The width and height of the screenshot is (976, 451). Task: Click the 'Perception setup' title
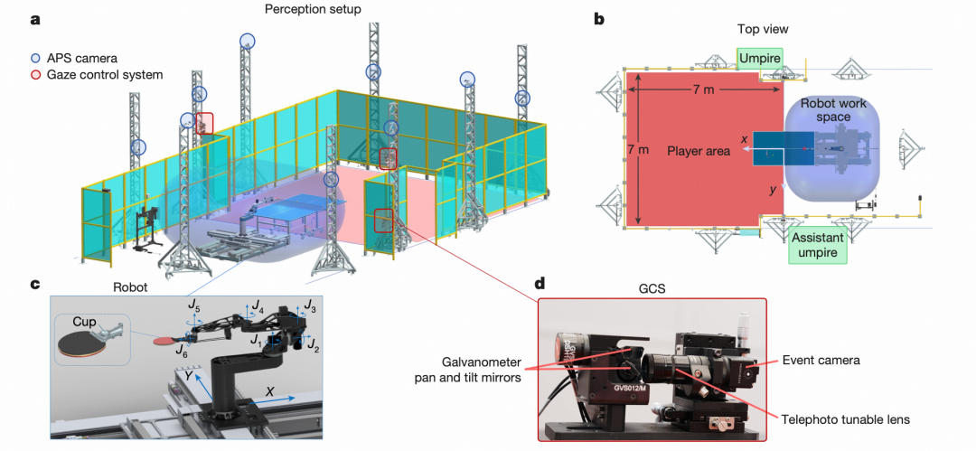pos(311,9)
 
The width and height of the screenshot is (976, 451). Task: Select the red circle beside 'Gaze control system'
pos(35,74)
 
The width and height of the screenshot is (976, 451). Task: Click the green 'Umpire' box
pos(759,57)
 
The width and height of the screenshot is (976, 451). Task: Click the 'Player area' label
pos(698,151)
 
